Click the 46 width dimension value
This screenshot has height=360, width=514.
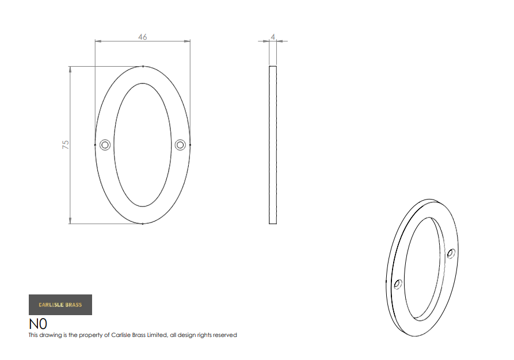pos(143,37)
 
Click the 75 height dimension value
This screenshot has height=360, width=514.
pos(66,145)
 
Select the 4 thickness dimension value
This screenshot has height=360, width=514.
pos(273,37)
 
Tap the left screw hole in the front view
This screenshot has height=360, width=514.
pos(105,145)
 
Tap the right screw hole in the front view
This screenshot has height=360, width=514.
pos(180,145)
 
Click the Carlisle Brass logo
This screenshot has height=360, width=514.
pos(60,305)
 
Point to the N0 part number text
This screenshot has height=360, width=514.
pos(38,324)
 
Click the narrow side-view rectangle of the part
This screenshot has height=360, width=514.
pos(273,145)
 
